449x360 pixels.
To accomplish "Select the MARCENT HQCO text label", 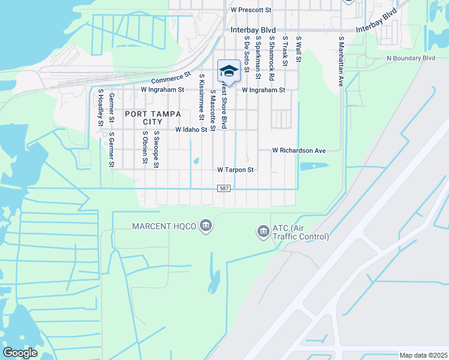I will pos(165,226).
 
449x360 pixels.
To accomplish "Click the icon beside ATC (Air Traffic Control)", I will pos(262,231).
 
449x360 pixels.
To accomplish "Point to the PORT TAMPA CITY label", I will pos(144,117).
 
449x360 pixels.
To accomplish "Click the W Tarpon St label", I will pos(236,170).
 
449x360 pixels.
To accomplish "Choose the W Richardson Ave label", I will pos(298,150).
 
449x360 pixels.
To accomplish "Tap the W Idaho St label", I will pos(191,130).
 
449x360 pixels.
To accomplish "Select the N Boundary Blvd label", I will pos(411,58).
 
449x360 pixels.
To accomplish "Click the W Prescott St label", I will pos(251,10).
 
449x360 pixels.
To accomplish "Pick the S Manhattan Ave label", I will pos(341,61).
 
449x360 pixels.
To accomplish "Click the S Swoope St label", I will pos(155,149).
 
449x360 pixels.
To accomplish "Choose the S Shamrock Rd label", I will pos(271,55).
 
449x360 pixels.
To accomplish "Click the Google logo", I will pos(20,353).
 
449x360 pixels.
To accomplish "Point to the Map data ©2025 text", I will pos(423,355).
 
